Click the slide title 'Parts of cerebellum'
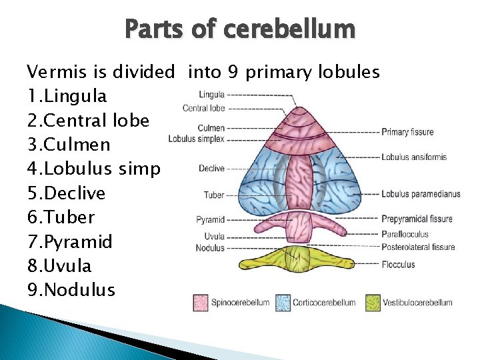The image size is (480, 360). tap(240, 29)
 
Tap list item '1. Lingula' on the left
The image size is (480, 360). tap(67, 96)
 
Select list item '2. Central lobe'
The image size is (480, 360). tap(88, 121)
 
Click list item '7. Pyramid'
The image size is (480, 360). tap(70, 241)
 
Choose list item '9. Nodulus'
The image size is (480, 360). tap(71, 290)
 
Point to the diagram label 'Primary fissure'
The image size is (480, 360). tap(407, 132)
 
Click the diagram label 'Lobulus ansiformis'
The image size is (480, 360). tap(414, 157)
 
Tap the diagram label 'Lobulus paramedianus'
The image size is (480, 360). tap(421, 195)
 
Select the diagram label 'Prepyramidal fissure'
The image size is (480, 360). tap(417, 219)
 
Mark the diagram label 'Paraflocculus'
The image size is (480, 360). tap(405, 234)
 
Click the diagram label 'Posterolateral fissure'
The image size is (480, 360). tap(418, 247)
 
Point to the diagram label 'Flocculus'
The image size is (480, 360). tap(398, 265)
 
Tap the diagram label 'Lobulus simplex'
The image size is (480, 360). tap(196, 139)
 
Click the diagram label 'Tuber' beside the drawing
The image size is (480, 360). tap(214, 195)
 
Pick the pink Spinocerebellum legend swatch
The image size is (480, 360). tap(201, 303)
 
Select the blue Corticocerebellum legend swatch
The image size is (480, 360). tap(283, 303)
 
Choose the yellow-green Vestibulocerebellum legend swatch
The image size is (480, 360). tap(372, 303)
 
